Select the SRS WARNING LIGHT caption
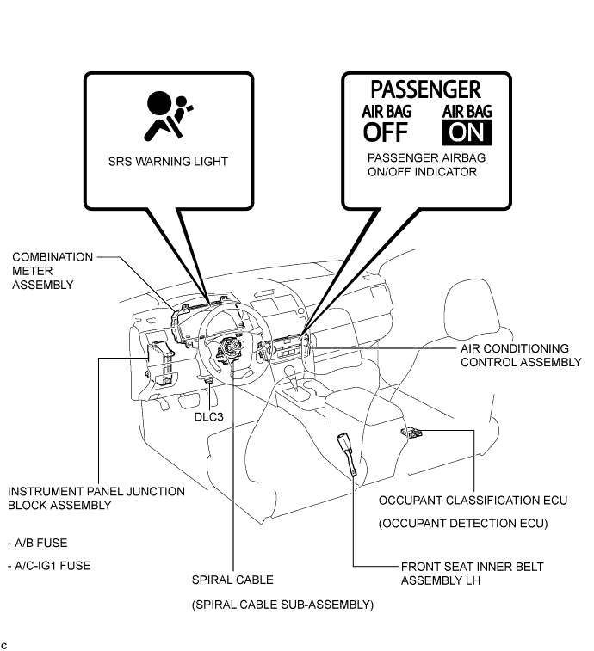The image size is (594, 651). point(168,161)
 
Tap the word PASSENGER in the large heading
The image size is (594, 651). point(425,89)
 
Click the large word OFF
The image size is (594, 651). point(386,132)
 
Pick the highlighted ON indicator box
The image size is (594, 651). point(467,132)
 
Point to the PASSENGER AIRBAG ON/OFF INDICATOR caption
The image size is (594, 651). point(422,165)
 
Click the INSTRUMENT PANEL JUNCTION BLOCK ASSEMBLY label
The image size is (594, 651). point(96,498)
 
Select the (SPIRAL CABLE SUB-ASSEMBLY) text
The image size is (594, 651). point(282,605)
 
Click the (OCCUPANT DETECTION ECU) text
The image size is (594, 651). point(463,523)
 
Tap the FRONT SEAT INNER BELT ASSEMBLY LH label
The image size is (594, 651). point(472,573)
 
